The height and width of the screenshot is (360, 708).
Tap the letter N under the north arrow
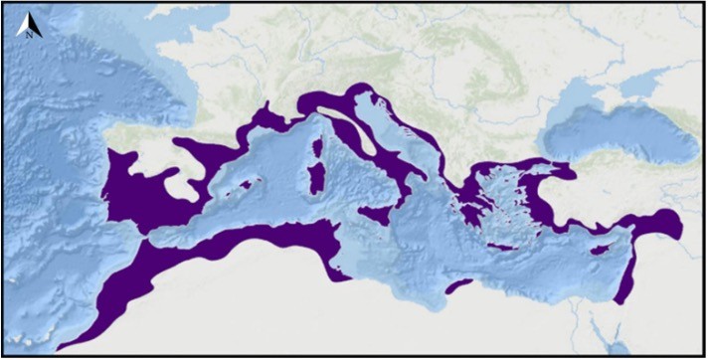click(x=30, y=35)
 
